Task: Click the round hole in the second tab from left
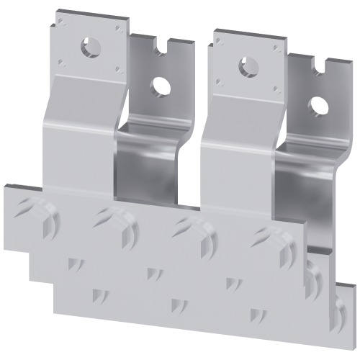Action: pyautogui.click(x=154, y=87)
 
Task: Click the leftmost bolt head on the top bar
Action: pyautogui.click(x=33, y=211)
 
